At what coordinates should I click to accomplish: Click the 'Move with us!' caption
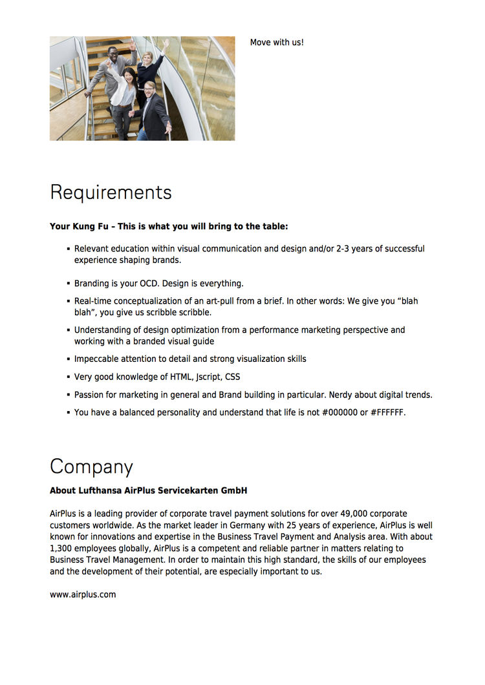pyautogui.click(x=277, y=43)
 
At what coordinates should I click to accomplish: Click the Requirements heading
pyautogui.click(x=111, y=193)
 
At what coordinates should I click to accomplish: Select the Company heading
pyautogui.click(x=91, y=467)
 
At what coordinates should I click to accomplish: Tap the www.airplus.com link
pyautogui.click(x=83, y=595)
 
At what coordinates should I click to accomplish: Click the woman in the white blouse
pyautogui.click(x=124, y=90)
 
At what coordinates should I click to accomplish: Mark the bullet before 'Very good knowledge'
pyautogui.click(x=68, y=377)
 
